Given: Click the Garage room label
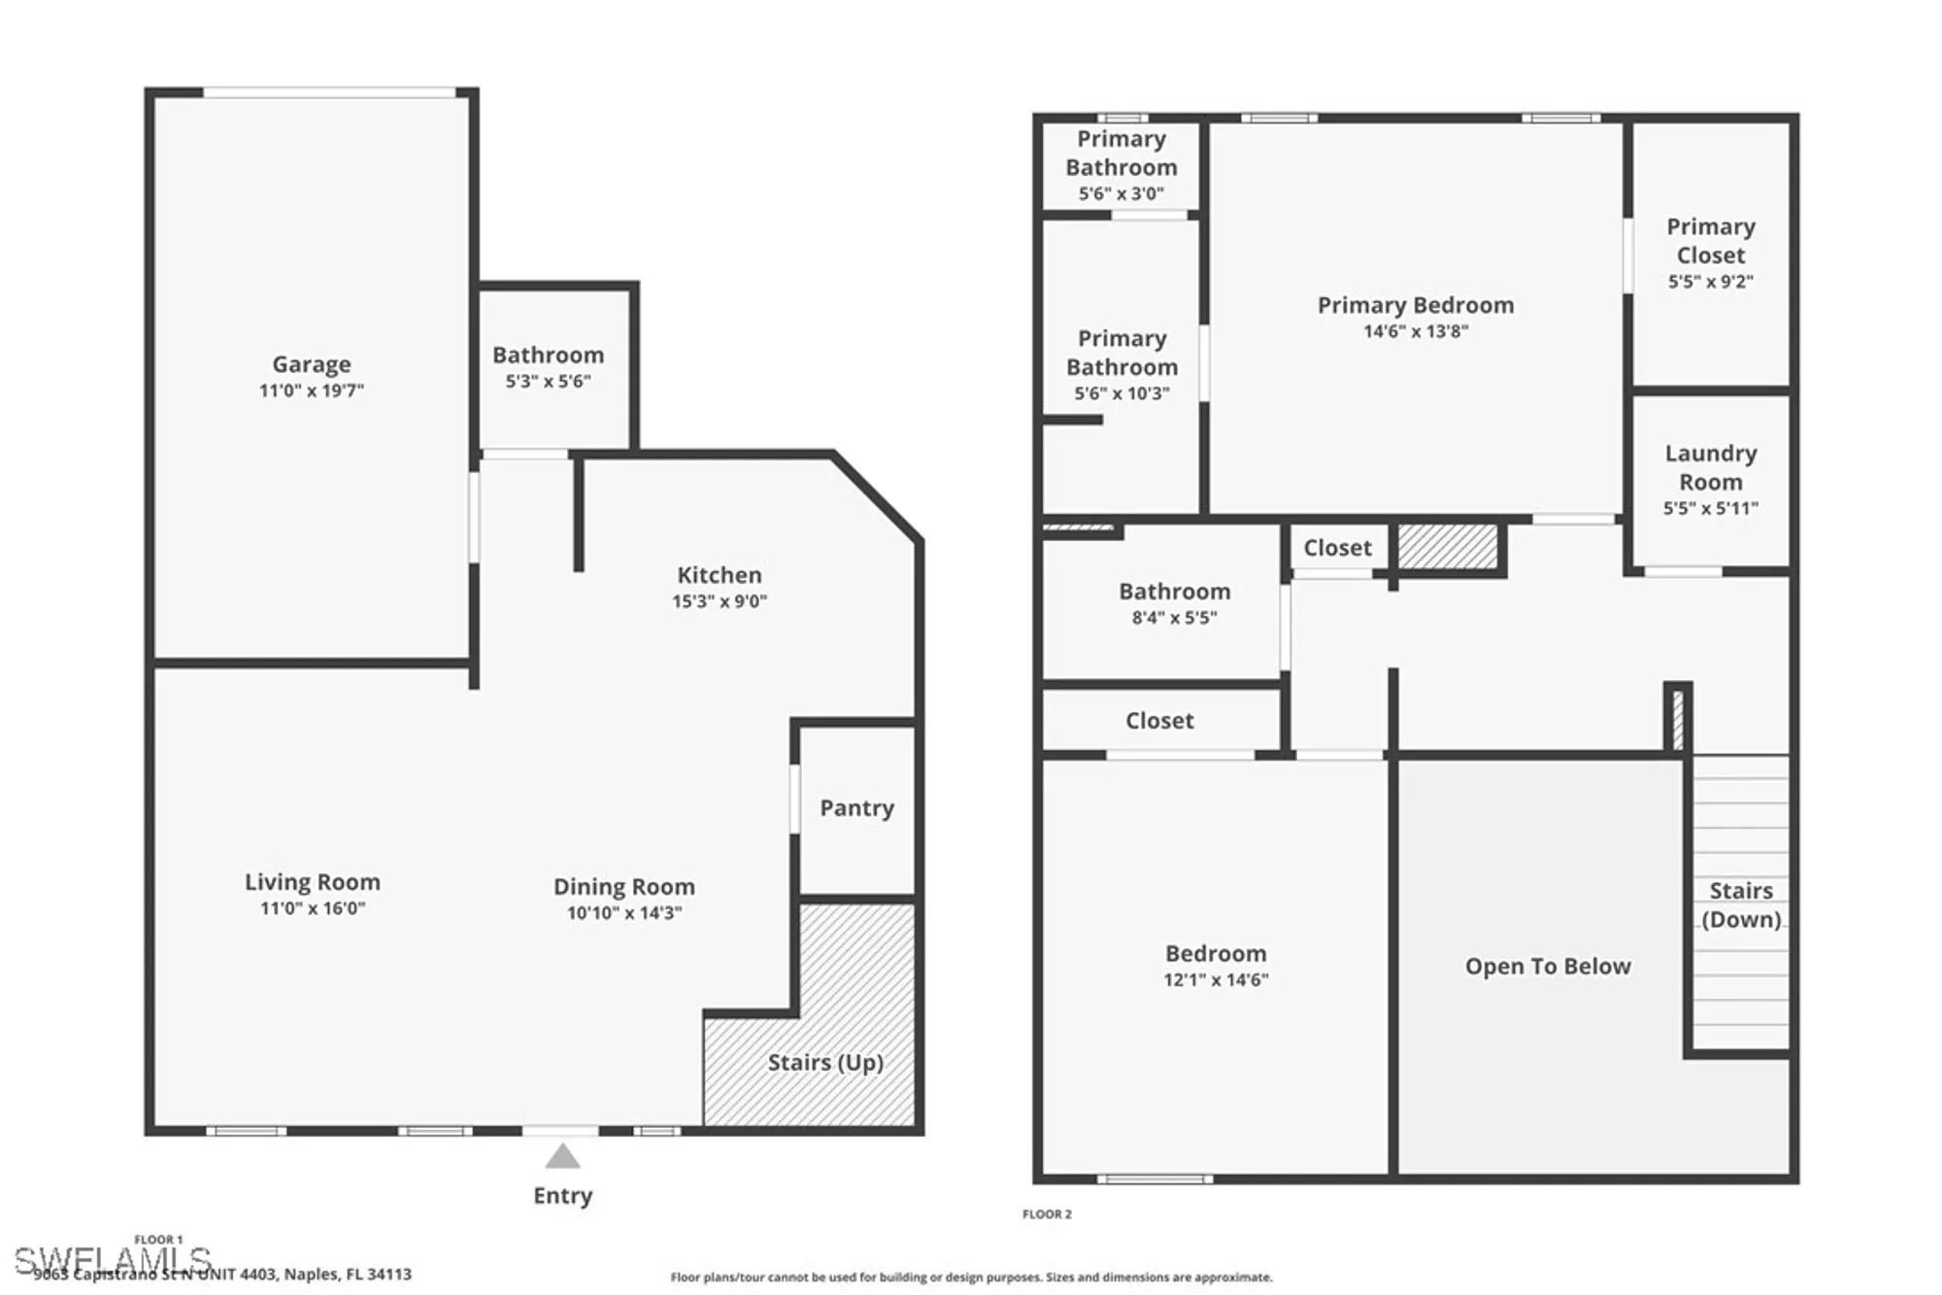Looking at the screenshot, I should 311,364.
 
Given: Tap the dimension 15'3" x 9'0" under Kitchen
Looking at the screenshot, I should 720,601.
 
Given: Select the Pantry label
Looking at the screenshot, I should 856,808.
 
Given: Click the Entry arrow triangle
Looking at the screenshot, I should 562,1157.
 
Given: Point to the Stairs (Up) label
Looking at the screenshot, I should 825,1063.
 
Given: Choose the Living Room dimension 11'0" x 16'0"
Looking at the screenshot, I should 312,908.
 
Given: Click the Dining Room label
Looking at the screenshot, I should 623,887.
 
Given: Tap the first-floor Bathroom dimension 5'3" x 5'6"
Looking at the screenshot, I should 548,382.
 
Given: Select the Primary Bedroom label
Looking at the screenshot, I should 1415,305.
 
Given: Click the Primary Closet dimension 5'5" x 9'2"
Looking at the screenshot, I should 1710,282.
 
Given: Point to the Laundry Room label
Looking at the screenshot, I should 1710,467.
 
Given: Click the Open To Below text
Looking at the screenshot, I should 1547,967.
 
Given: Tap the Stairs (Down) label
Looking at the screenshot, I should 1740,904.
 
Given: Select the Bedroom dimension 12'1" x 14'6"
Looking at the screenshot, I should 1216,980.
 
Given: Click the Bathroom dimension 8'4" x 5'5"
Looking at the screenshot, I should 1174,618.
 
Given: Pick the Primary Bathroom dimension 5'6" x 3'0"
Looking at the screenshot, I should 1121,194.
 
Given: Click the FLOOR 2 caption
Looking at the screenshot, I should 1047,1214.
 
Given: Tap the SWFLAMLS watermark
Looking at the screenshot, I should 112,1260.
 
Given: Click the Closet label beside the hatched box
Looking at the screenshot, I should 1337,548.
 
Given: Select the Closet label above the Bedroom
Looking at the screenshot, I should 1159,721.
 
